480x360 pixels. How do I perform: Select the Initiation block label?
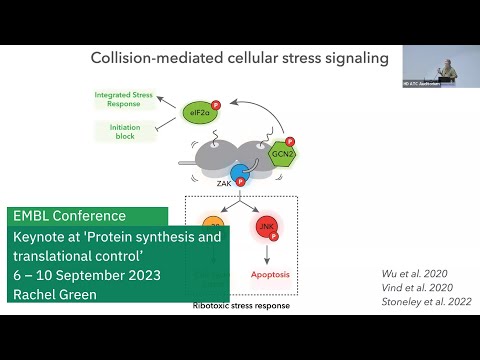tap(124, 131)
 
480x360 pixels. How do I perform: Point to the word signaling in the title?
tap(354, 58)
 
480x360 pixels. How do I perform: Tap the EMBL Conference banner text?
tap(70, 216)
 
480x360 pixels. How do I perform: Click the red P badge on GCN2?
tap(290, 142)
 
